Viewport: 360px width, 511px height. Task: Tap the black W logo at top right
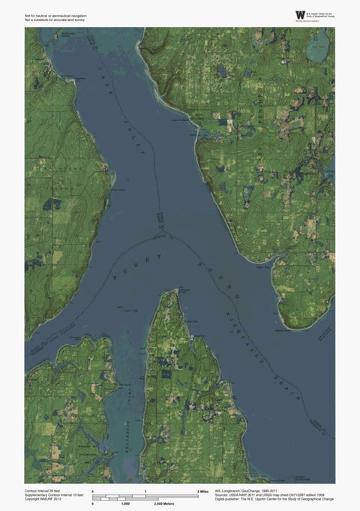click(x=301, y=14)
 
